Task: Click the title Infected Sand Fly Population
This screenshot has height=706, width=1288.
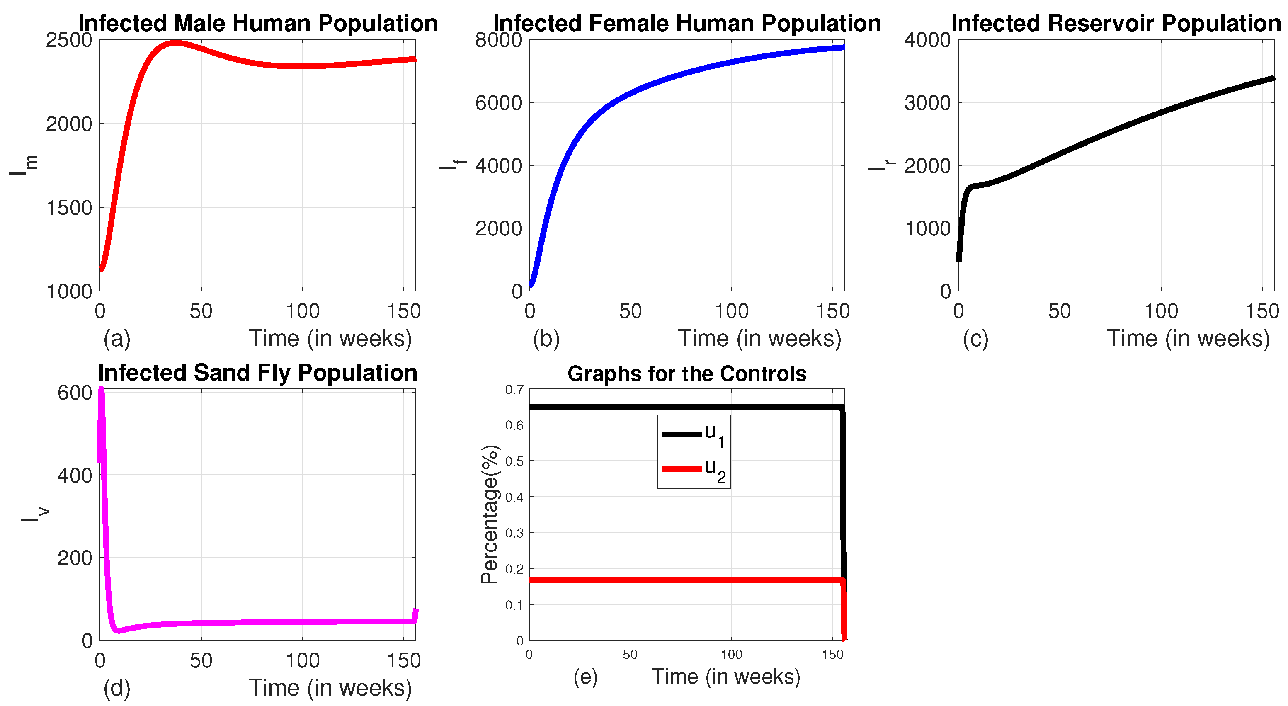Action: (x=257, y=373)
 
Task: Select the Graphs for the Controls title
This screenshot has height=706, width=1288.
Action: (x=686, y=374)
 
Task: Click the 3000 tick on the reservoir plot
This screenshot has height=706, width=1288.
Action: (x=927, y=103)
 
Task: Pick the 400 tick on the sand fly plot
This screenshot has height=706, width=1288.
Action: (x=75, y=475)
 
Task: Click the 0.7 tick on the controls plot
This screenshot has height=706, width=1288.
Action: (x=514, y=390)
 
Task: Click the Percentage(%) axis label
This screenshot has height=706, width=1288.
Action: (x=490, y=514)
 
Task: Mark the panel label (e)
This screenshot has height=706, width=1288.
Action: (x=585, y=677)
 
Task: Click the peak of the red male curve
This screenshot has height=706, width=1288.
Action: (x=174, y=44)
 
